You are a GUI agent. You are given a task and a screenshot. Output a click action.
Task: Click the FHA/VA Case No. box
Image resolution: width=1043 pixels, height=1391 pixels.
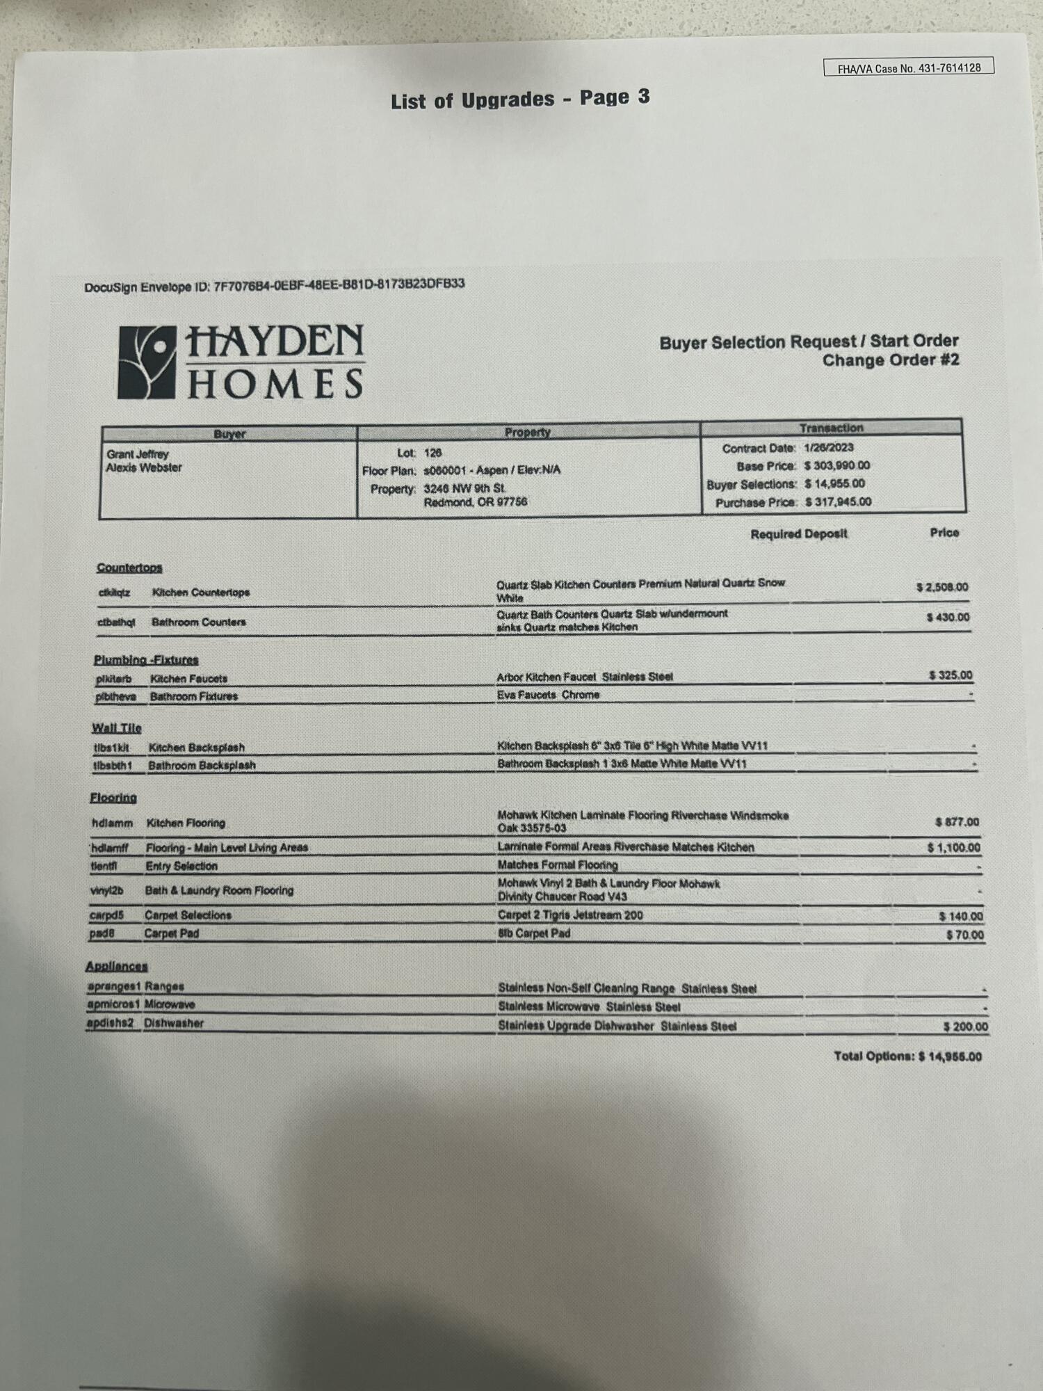[x=908, y=67]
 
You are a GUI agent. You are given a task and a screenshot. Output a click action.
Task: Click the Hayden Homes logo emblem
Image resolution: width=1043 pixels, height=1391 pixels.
[x=146, y=362]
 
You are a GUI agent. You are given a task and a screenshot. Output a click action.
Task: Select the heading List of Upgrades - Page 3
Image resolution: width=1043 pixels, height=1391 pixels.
[x=520, y=99]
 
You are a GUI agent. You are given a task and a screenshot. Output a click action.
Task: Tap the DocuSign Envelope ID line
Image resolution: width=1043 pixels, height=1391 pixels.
[x=274, y=285]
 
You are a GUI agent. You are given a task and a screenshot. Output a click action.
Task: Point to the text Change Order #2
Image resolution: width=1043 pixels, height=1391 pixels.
[x=890, y=360]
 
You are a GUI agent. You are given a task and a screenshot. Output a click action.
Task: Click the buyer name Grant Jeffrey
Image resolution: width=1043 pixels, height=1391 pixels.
[x=138, y=453]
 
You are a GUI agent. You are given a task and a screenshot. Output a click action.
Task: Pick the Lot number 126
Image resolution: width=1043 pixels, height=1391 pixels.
[x=432, y=453]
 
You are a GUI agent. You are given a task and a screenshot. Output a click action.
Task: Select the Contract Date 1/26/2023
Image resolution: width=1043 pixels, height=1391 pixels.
[x=828, y=448]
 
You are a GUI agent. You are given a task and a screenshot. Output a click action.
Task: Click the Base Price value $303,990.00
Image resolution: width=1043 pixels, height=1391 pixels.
[x=836, y=465]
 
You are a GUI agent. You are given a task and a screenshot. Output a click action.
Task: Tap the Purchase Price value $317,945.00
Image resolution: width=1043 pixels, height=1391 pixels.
[x=838, y=501]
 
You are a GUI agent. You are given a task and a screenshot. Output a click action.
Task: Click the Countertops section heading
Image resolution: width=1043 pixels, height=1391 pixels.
[x=129, y=568]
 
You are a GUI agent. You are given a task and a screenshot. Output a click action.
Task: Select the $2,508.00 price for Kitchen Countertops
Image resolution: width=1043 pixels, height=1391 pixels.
[x=941, y=587]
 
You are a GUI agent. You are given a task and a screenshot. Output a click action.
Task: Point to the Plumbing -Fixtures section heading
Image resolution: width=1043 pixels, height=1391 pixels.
[x=146, y=660]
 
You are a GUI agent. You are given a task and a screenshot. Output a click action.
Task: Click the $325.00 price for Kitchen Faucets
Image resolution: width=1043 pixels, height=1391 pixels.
[x=950, y=675]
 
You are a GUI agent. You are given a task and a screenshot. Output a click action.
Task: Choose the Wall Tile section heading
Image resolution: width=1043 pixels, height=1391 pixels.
[x=117, y=728]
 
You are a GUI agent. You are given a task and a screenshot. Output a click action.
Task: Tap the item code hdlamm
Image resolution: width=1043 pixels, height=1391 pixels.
[x=112, y=823]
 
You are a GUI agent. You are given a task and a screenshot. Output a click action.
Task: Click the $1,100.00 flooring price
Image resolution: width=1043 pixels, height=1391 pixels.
[x=953, y=848]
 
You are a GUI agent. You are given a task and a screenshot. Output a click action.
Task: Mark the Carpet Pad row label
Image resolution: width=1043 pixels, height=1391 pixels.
[x=171, y=933]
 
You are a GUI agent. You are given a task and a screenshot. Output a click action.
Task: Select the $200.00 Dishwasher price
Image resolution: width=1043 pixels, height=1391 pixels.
[x=965, y=1027]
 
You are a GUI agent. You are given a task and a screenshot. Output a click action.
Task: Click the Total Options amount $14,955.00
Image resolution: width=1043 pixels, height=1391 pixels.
[x=949, y=1056]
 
